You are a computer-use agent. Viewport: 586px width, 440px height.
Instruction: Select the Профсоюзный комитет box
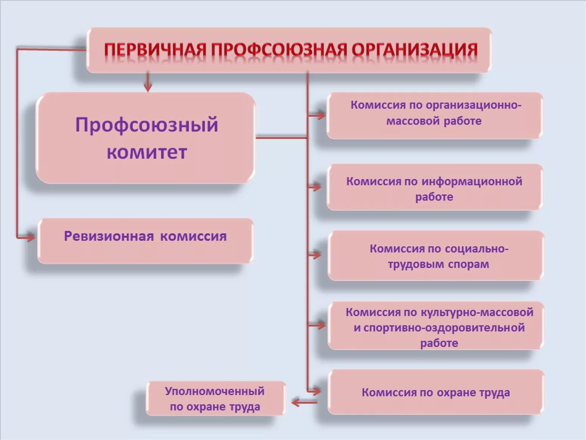pos(146,138)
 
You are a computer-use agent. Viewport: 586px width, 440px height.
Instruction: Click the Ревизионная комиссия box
pos(146,241)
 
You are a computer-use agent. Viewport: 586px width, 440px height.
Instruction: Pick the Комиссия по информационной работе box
pos(434,187)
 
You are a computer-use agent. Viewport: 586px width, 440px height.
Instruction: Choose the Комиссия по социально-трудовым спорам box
pos(436,256)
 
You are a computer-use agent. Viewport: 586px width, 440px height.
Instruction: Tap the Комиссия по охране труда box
pos(436,392)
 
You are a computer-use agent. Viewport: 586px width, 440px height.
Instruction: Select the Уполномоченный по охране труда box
pos(215,399)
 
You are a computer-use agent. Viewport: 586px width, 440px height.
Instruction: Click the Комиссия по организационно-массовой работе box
pos(434,115)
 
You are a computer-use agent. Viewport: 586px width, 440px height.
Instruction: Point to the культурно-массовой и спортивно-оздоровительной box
pos(436,326)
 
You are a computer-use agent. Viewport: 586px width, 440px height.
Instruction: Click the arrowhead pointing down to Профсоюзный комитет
pos(148,87)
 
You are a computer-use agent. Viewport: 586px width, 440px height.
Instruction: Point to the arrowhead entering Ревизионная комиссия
pos(30,237)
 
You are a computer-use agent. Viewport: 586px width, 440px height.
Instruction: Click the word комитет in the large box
pos(147,152)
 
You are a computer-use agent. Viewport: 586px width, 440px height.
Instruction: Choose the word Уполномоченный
pos(215,391)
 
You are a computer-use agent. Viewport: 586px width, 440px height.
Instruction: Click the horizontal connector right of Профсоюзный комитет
pos(282,138)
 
